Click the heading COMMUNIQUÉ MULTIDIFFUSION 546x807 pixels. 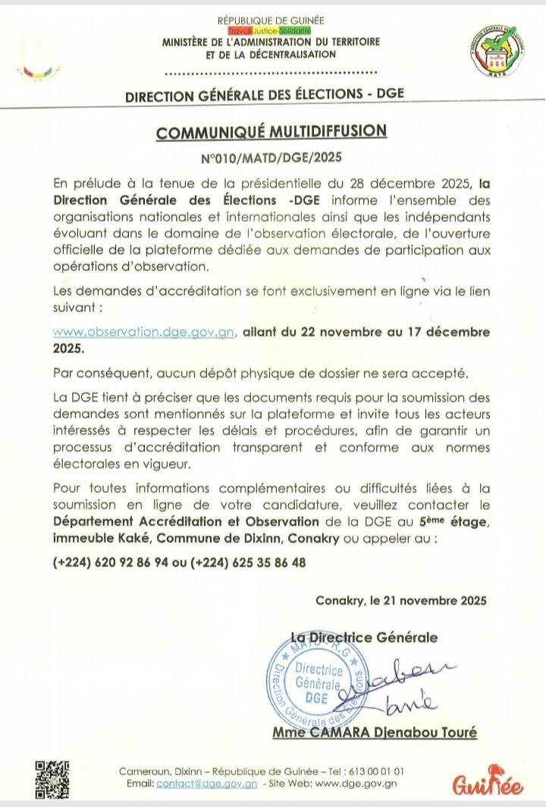point(271,131)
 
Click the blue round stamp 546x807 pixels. point(315,682)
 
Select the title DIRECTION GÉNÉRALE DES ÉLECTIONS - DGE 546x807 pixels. point(265,94)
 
